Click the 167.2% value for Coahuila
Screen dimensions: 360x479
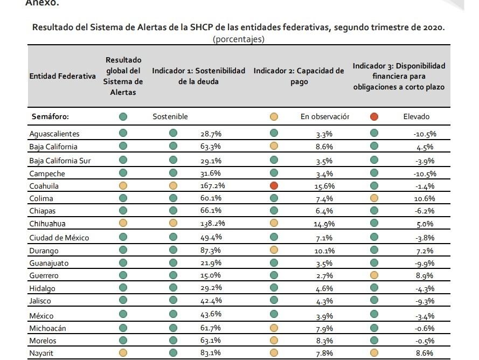(212, 186)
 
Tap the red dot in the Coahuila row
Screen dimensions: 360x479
(274, 185)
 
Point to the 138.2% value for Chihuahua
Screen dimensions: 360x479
(212, 224)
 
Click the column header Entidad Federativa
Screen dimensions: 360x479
(63, 77)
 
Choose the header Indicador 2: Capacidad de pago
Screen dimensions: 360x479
(298, 77)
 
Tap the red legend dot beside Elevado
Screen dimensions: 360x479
(374, 116)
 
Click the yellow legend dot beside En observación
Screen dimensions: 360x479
(274, 116)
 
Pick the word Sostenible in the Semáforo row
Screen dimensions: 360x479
(170, 116)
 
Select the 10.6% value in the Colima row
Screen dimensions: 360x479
(425, 198)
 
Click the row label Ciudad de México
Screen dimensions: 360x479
(59, 238)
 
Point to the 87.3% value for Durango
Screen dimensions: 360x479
(211, 251)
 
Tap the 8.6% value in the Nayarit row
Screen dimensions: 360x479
(426, 354)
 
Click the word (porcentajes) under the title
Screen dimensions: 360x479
(239, 39)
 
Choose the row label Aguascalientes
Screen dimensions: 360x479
(54, 134)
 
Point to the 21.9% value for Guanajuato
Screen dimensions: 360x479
(211, 263)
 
